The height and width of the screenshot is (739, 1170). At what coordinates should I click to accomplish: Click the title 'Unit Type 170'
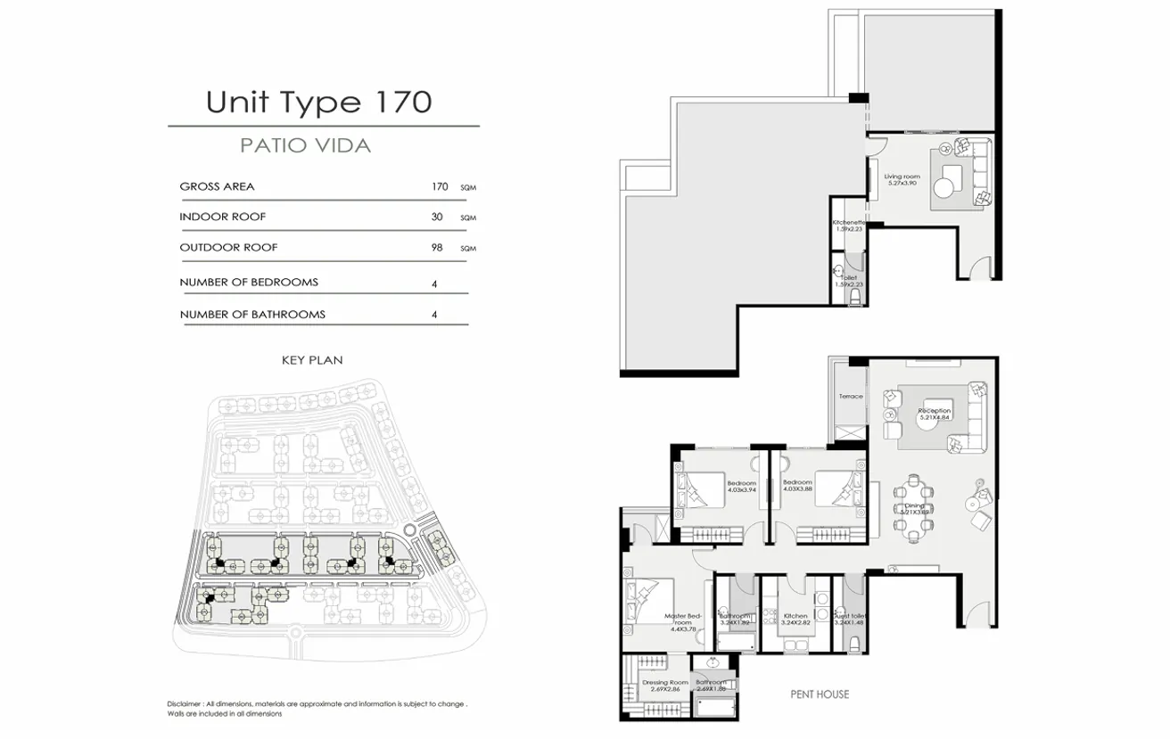318,102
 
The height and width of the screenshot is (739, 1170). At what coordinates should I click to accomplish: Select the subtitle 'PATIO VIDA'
306,145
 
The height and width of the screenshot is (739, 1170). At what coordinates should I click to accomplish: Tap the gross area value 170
439,187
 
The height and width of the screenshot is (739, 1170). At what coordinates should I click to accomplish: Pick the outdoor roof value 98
437,248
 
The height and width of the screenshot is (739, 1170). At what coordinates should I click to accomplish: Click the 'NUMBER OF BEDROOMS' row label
249,283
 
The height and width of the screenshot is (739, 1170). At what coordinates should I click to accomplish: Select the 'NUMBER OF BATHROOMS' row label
252,315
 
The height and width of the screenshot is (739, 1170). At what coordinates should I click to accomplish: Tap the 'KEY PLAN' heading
312,360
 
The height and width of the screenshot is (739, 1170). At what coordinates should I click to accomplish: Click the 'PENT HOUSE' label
820,694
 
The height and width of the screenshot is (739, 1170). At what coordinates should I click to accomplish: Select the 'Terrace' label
851,396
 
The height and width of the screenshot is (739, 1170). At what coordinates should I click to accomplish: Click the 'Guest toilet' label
849,619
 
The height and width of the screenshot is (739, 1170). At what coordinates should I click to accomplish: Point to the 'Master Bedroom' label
685,619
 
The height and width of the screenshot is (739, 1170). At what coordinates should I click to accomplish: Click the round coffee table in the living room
944,188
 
